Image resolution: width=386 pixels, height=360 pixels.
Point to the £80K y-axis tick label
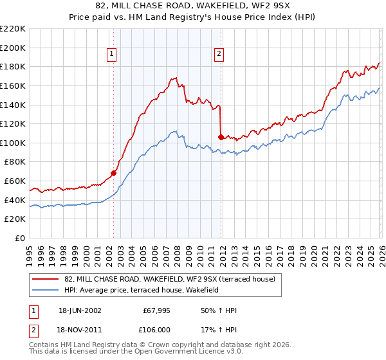coord(15,162)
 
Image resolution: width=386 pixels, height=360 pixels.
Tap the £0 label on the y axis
coord(21,239)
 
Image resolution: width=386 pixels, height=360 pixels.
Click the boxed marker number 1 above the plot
coord(113,54)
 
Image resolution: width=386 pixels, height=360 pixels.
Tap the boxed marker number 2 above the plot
coord(219,54)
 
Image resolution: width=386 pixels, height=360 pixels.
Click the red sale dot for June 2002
coord(113,173)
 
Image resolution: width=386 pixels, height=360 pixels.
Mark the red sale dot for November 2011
coord(221,137)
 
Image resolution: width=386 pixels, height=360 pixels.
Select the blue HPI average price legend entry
coord(142,291)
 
